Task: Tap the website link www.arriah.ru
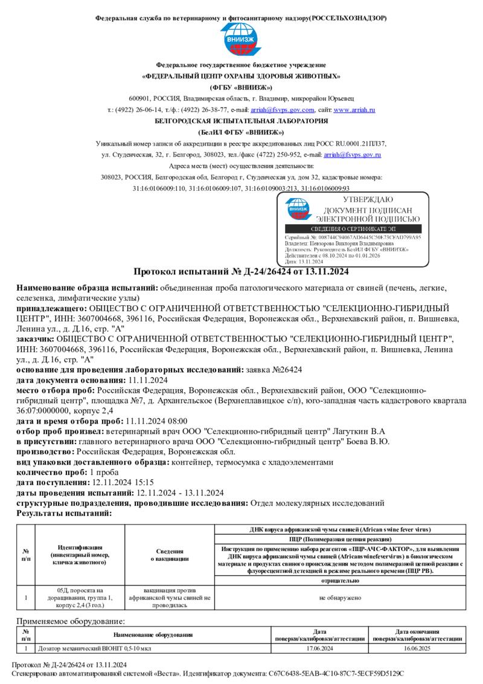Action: click(x=354, y=110)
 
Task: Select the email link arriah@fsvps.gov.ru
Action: click(x=352, y=155)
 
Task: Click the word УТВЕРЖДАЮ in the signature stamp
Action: click(x=368, y=199)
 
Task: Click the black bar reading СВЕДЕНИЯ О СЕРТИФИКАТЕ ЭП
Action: click(x=353, y=229)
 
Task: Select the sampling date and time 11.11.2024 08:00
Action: click(x=156, y=421)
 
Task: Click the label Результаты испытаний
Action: click(x=64, y=512)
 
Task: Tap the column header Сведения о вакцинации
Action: click(x=170, y=555)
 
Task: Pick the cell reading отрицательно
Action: click(x=340, y=581)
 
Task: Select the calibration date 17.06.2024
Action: click(x=320, y=648)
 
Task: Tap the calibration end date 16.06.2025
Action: click(x=418, y=648)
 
